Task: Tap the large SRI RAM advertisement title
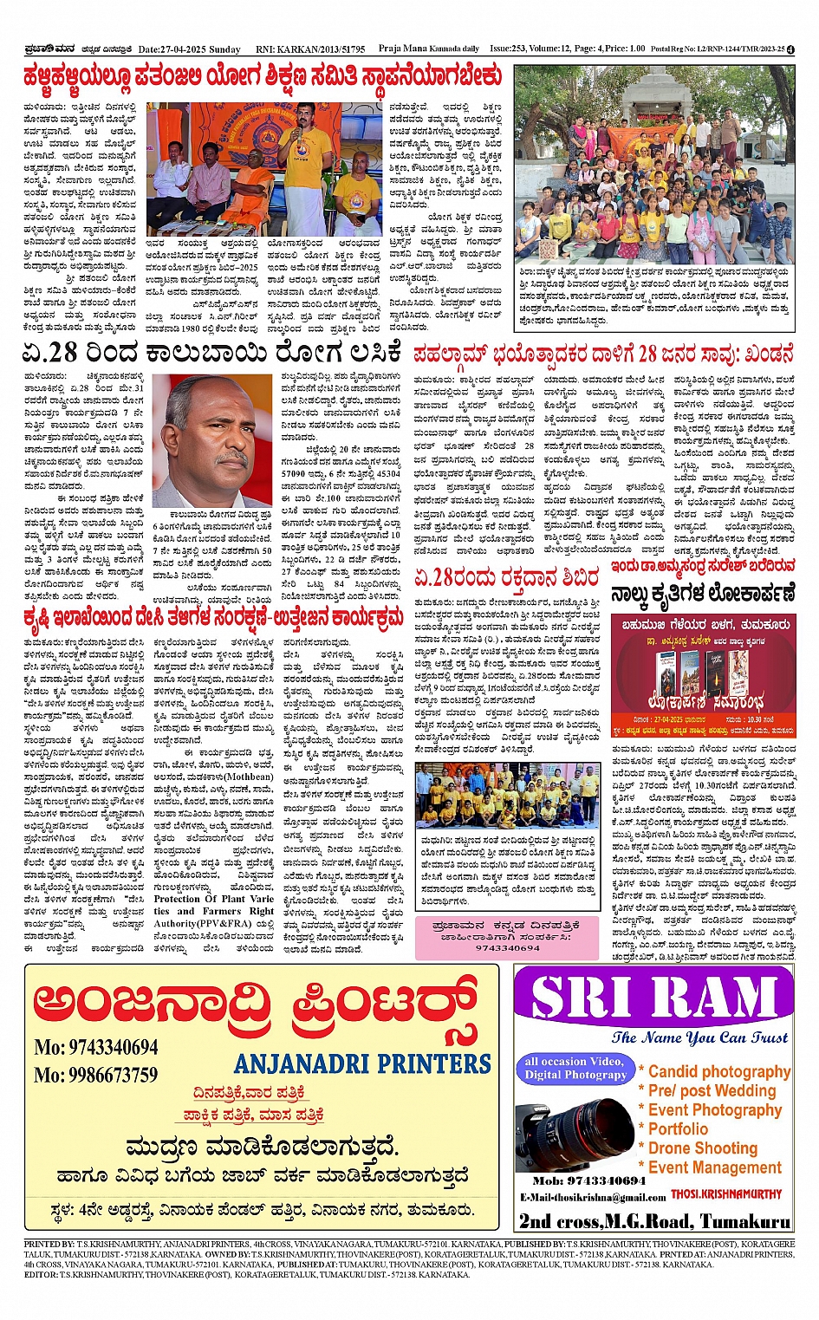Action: click(x=655, y=998)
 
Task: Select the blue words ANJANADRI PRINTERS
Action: click(x=362, y=1063)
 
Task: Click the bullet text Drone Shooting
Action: click(x=703, y=1148)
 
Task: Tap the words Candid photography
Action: click(x=719, y=1072)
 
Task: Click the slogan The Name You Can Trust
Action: click(x=699, y=1037)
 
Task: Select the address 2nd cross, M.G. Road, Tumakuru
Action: click(x=655, y=1221)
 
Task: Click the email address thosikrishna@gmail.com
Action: click(x=593, y=1197)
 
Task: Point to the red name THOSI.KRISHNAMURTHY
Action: click(x=726, y=1194)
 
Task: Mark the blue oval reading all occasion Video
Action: click(x=574, y=1068)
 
